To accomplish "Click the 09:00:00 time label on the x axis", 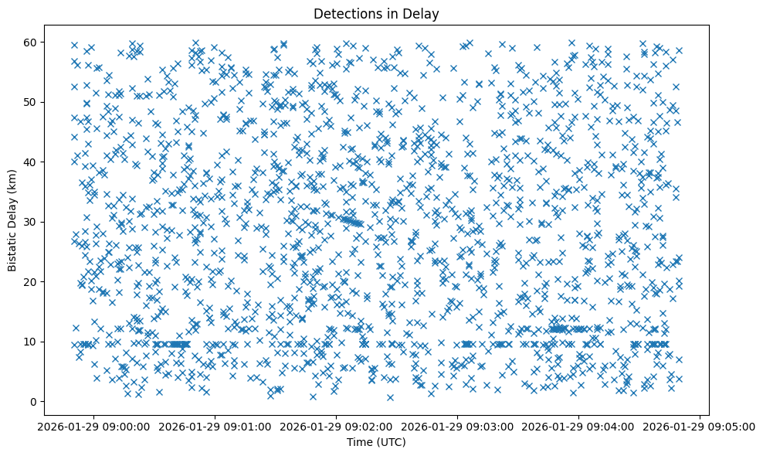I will click(93, 426).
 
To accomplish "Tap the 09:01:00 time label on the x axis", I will click(215, 426).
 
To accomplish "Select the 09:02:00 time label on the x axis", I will click(336, 426).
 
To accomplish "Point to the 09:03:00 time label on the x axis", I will click(457, 426).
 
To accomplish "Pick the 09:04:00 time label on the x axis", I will click(578, 426).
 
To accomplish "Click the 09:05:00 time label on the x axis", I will click(700, 426).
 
